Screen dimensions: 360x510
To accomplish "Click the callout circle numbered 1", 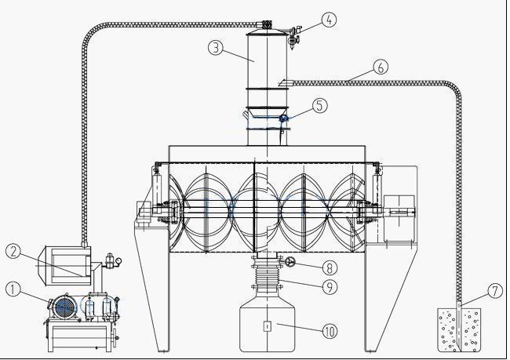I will pos(13,289).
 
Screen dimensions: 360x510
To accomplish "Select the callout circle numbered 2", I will pos(13,251).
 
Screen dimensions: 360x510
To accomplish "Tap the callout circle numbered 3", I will pos(217,47).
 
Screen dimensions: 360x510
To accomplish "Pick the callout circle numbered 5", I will pos(319,105).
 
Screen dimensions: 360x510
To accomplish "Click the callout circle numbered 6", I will pos(381,67).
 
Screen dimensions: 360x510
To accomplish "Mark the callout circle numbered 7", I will pos(494,291).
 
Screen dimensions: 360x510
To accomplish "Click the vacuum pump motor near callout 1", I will pos(63,306).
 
